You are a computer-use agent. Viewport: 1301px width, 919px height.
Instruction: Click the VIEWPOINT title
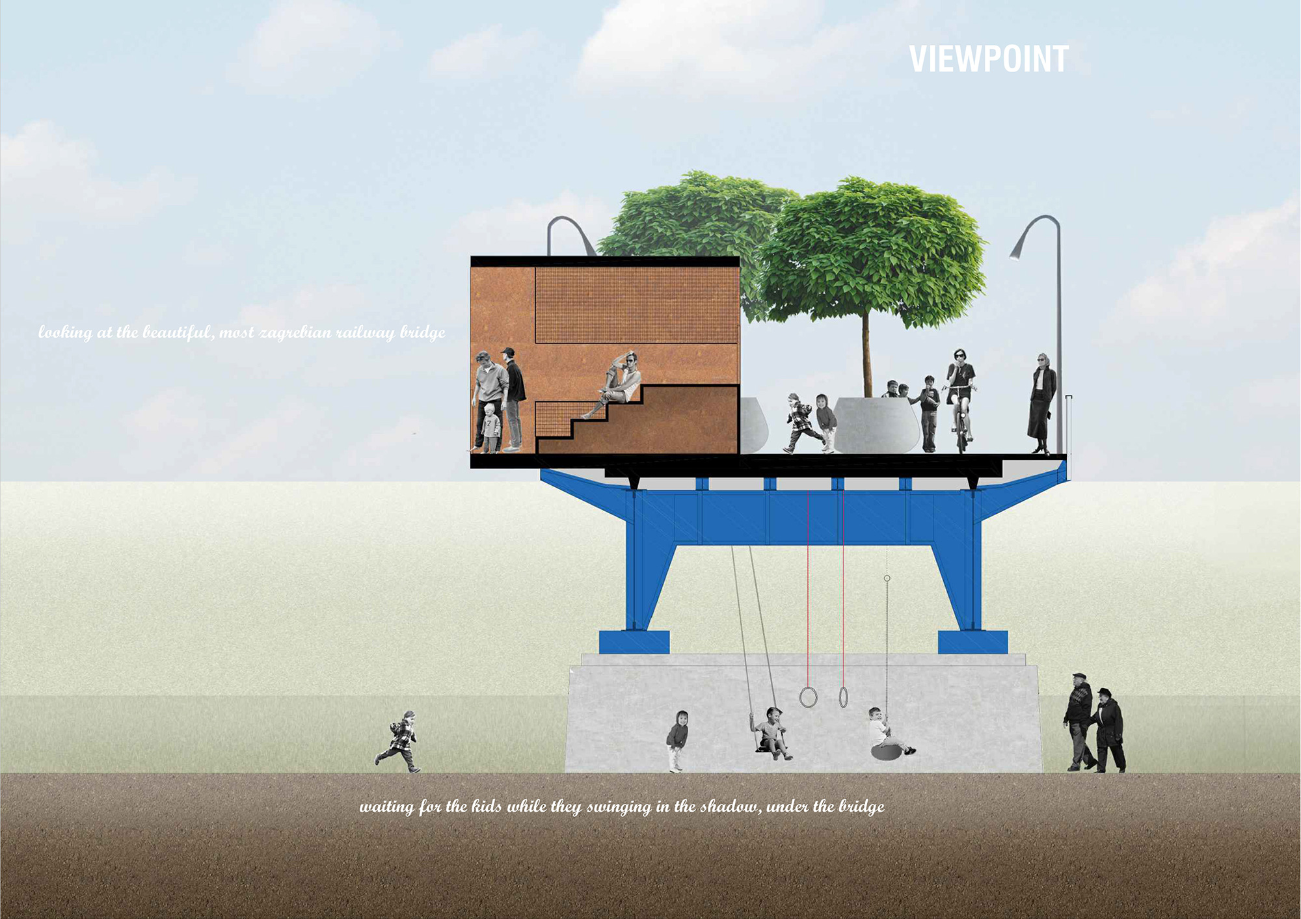[988, 59]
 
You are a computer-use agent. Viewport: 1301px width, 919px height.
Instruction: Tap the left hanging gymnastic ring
[808, 697]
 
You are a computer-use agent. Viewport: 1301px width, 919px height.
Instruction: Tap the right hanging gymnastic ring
[843, 697]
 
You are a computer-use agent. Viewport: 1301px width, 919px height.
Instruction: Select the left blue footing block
[634, 642]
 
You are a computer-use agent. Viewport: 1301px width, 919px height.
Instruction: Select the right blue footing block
[972, 642]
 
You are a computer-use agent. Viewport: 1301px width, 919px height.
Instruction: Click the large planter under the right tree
[876, 425]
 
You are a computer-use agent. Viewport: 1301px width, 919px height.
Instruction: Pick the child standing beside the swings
[677, 740]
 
